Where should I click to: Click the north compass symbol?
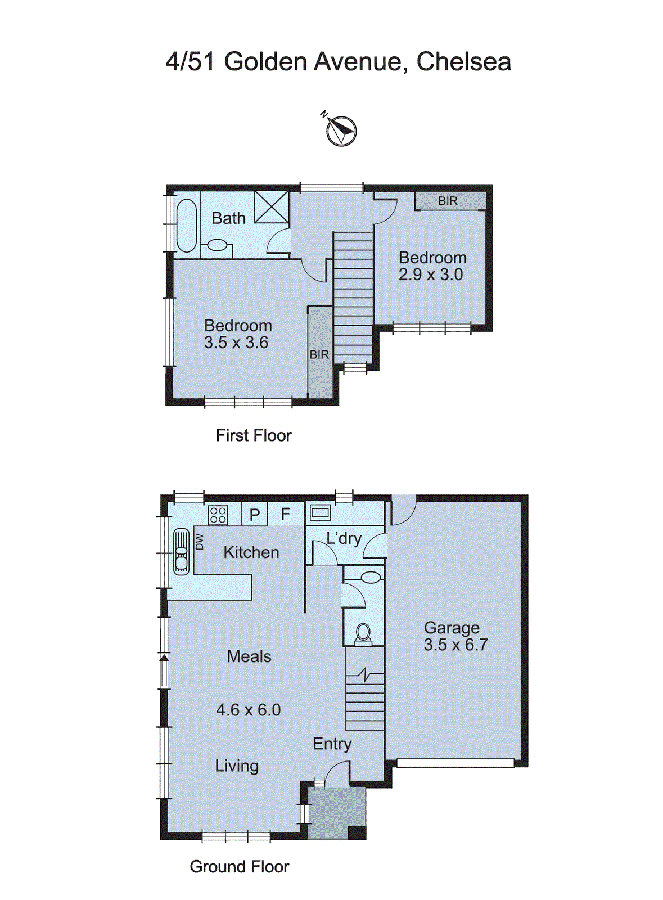341,130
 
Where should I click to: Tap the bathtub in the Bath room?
186,226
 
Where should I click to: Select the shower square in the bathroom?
271,207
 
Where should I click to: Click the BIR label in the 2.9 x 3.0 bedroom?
448,201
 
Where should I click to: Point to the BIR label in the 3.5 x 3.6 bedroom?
319,355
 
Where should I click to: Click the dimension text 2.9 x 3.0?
431,274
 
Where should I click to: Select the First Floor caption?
254,435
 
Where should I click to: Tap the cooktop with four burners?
218,515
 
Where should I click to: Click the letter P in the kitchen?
255,515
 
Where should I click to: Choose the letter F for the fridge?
286,514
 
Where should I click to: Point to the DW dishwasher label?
199,541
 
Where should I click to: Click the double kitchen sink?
181,551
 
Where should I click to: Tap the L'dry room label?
344,538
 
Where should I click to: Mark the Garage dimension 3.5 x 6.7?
455,645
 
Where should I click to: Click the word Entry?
332,744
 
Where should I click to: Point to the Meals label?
249,656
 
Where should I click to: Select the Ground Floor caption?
240,867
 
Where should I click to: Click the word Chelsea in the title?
463,61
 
